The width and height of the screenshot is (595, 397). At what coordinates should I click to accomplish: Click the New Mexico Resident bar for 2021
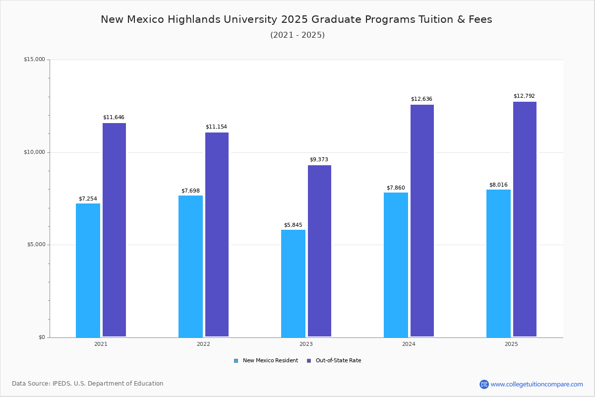88,270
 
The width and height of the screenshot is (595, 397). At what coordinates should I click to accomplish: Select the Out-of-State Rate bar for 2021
114,230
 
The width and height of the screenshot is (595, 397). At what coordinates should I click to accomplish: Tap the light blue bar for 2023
293,283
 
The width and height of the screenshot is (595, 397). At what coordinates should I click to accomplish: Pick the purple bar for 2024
422,221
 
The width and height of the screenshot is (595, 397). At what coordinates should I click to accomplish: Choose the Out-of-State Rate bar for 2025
525,219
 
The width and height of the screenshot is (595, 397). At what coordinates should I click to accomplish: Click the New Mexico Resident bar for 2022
190,266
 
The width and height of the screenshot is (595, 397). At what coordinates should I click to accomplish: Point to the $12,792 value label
524,96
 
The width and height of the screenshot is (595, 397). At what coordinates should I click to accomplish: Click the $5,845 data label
293,225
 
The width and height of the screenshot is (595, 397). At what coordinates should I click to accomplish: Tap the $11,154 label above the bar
216,127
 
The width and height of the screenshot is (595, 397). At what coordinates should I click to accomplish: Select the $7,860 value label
396,188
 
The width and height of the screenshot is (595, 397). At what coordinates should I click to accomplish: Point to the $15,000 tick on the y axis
34,59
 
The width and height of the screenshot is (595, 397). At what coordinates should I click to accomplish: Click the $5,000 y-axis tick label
36,244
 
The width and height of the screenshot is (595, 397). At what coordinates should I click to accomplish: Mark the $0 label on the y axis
42,337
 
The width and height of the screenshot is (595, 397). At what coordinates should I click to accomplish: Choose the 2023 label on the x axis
306,344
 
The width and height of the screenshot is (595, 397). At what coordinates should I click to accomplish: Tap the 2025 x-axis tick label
511,344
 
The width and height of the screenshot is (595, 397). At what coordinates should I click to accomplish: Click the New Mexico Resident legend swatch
236,361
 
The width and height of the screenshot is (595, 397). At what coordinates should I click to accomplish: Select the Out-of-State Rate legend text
338,361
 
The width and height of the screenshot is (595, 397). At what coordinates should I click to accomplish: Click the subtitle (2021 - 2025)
297,35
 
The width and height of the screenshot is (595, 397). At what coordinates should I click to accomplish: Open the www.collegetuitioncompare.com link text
536,384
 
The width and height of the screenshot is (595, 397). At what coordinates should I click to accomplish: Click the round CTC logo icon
484,384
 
